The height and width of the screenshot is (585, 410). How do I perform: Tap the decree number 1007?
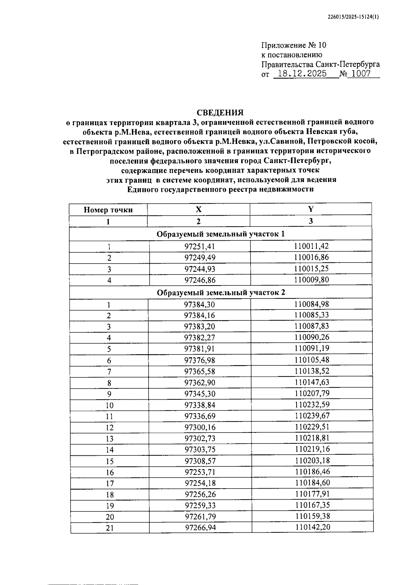coord(361,74)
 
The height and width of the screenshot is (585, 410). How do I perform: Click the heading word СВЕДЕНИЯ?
coord(220,113)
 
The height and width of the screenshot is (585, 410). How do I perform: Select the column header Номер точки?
coord(108,210)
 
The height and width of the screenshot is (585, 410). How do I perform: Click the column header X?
coord(199,210)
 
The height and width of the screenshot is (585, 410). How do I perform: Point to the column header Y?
coord(311,209)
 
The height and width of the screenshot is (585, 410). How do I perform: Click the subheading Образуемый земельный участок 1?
coord(220,234)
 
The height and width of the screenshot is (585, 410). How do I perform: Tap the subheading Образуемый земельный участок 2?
coord(221,293)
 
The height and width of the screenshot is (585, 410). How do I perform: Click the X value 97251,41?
coord(200,247)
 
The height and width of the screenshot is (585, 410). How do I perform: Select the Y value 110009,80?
coord(311,280)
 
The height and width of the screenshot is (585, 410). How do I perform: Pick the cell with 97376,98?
coord(200,360)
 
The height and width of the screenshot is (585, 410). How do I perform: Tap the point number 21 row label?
coord(110,528)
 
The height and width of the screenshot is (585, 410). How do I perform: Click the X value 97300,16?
coord(200,427)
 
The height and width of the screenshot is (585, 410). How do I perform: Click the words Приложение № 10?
coord(294,45)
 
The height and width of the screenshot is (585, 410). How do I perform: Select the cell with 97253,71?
coord(200,472)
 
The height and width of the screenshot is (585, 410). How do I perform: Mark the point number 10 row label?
coord(109,405)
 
